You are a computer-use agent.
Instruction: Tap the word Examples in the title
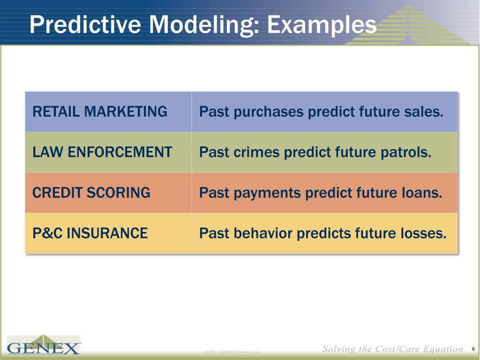(x=322, y=26)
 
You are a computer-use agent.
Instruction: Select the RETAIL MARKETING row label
(x=100, y=112)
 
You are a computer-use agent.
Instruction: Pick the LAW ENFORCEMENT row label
(x=102, y=152)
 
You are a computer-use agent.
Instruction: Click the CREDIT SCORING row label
(x=91, y=193)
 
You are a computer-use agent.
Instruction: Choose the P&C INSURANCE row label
(x=90, y=233)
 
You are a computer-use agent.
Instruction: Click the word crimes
(x=256, y=152)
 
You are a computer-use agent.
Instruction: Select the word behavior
(x=263, y=233)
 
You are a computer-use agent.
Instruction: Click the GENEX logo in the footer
(x=44, y=345)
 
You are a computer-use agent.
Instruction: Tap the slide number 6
(x=473, y=349)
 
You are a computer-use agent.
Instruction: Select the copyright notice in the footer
(x=232, y=352)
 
